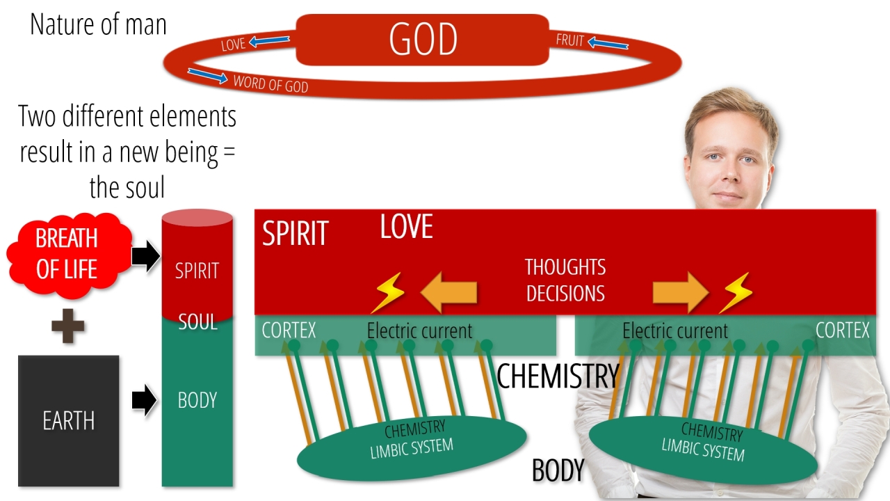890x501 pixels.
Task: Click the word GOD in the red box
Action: (x=423, y=39)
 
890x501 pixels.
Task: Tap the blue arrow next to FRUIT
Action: (x=608, y=43)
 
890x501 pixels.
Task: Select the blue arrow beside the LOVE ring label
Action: (x=269, y=40)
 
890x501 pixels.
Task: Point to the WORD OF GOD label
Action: (x=270, y=84)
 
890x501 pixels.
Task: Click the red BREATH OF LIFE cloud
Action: (x=69, y=255)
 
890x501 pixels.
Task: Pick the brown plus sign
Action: (x=68, y=326)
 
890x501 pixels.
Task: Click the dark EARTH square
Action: (x=69, y=421)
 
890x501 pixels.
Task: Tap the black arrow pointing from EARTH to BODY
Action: (x=145, y=400)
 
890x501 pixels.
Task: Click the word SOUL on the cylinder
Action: (x=197, y=322)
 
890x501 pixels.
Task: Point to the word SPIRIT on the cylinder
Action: (x=197, y=271)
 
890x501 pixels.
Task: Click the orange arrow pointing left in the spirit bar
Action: (x=448, y=293)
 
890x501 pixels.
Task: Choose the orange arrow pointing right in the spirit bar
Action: (x=681, y=293)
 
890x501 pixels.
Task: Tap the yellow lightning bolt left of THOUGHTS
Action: (x=388, y=292)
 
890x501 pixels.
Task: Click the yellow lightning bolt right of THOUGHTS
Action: (x=736, y=292)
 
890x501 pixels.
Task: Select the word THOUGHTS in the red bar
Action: (x=565, y=267)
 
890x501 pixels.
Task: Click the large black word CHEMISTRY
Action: (x=558, y=376)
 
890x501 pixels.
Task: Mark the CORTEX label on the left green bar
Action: (x=289, y=330)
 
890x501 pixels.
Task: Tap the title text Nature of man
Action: (x=98, y=24)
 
